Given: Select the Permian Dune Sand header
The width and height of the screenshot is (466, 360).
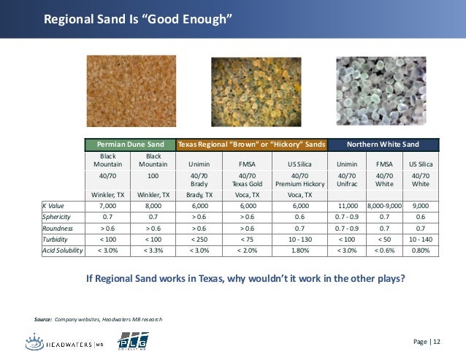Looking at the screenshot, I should click(x=131, y=145).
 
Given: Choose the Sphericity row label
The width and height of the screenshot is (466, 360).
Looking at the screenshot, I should click(x=58, y=217).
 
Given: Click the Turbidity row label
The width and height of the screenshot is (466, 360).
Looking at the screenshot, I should click(x=57, y=239).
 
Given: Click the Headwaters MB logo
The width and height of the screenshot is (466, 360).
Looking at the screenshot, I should click(x=66, y=342).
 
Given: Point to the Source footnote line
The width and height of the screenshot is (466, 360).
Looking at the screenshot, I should click(x=99, y=320).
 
